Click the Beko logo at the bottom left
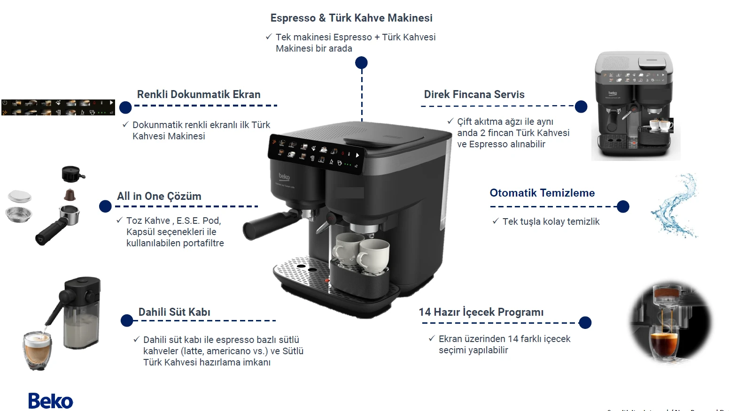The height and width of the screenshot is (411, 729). (x=51, y=401)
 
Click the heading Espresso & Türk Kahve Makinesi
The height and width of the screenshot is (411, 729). (x=351, y=18)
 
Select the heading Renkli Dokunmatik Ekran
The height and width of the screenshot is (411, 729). (x=199, y=94)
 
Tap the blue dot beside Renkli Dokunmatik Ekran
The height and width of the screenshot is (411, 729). (x=125, y=107)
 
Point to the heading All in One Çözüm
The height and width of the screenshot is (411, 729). (x=159, y=196)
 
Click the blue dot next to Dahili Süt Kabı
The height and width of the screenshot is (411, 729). (x=127, y=320)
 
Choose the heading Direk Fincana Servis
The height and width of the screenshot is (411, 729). (x=474, y=94)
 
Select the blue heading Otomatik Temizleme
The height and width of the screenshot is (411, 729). (x=542, y=193)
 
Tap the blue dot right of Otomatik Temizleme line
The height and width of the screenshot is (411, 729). (x=623, y=206)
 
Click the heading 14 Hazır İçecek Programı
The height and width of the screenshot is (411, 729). (x=481, y=312)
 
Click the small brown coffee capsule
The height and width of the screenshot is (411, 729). (x=70, y=194)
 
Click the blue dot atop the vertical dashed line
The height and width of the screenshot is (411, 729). (x=361, y=62)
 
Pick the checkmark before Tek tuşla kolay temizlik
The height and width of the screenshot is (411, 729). (x=496, y=221)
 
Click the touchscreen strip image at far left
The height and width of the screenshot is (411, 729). (x=58, y=107)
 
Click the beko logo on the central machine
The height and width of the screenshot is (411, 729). (x=284, y=177)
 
